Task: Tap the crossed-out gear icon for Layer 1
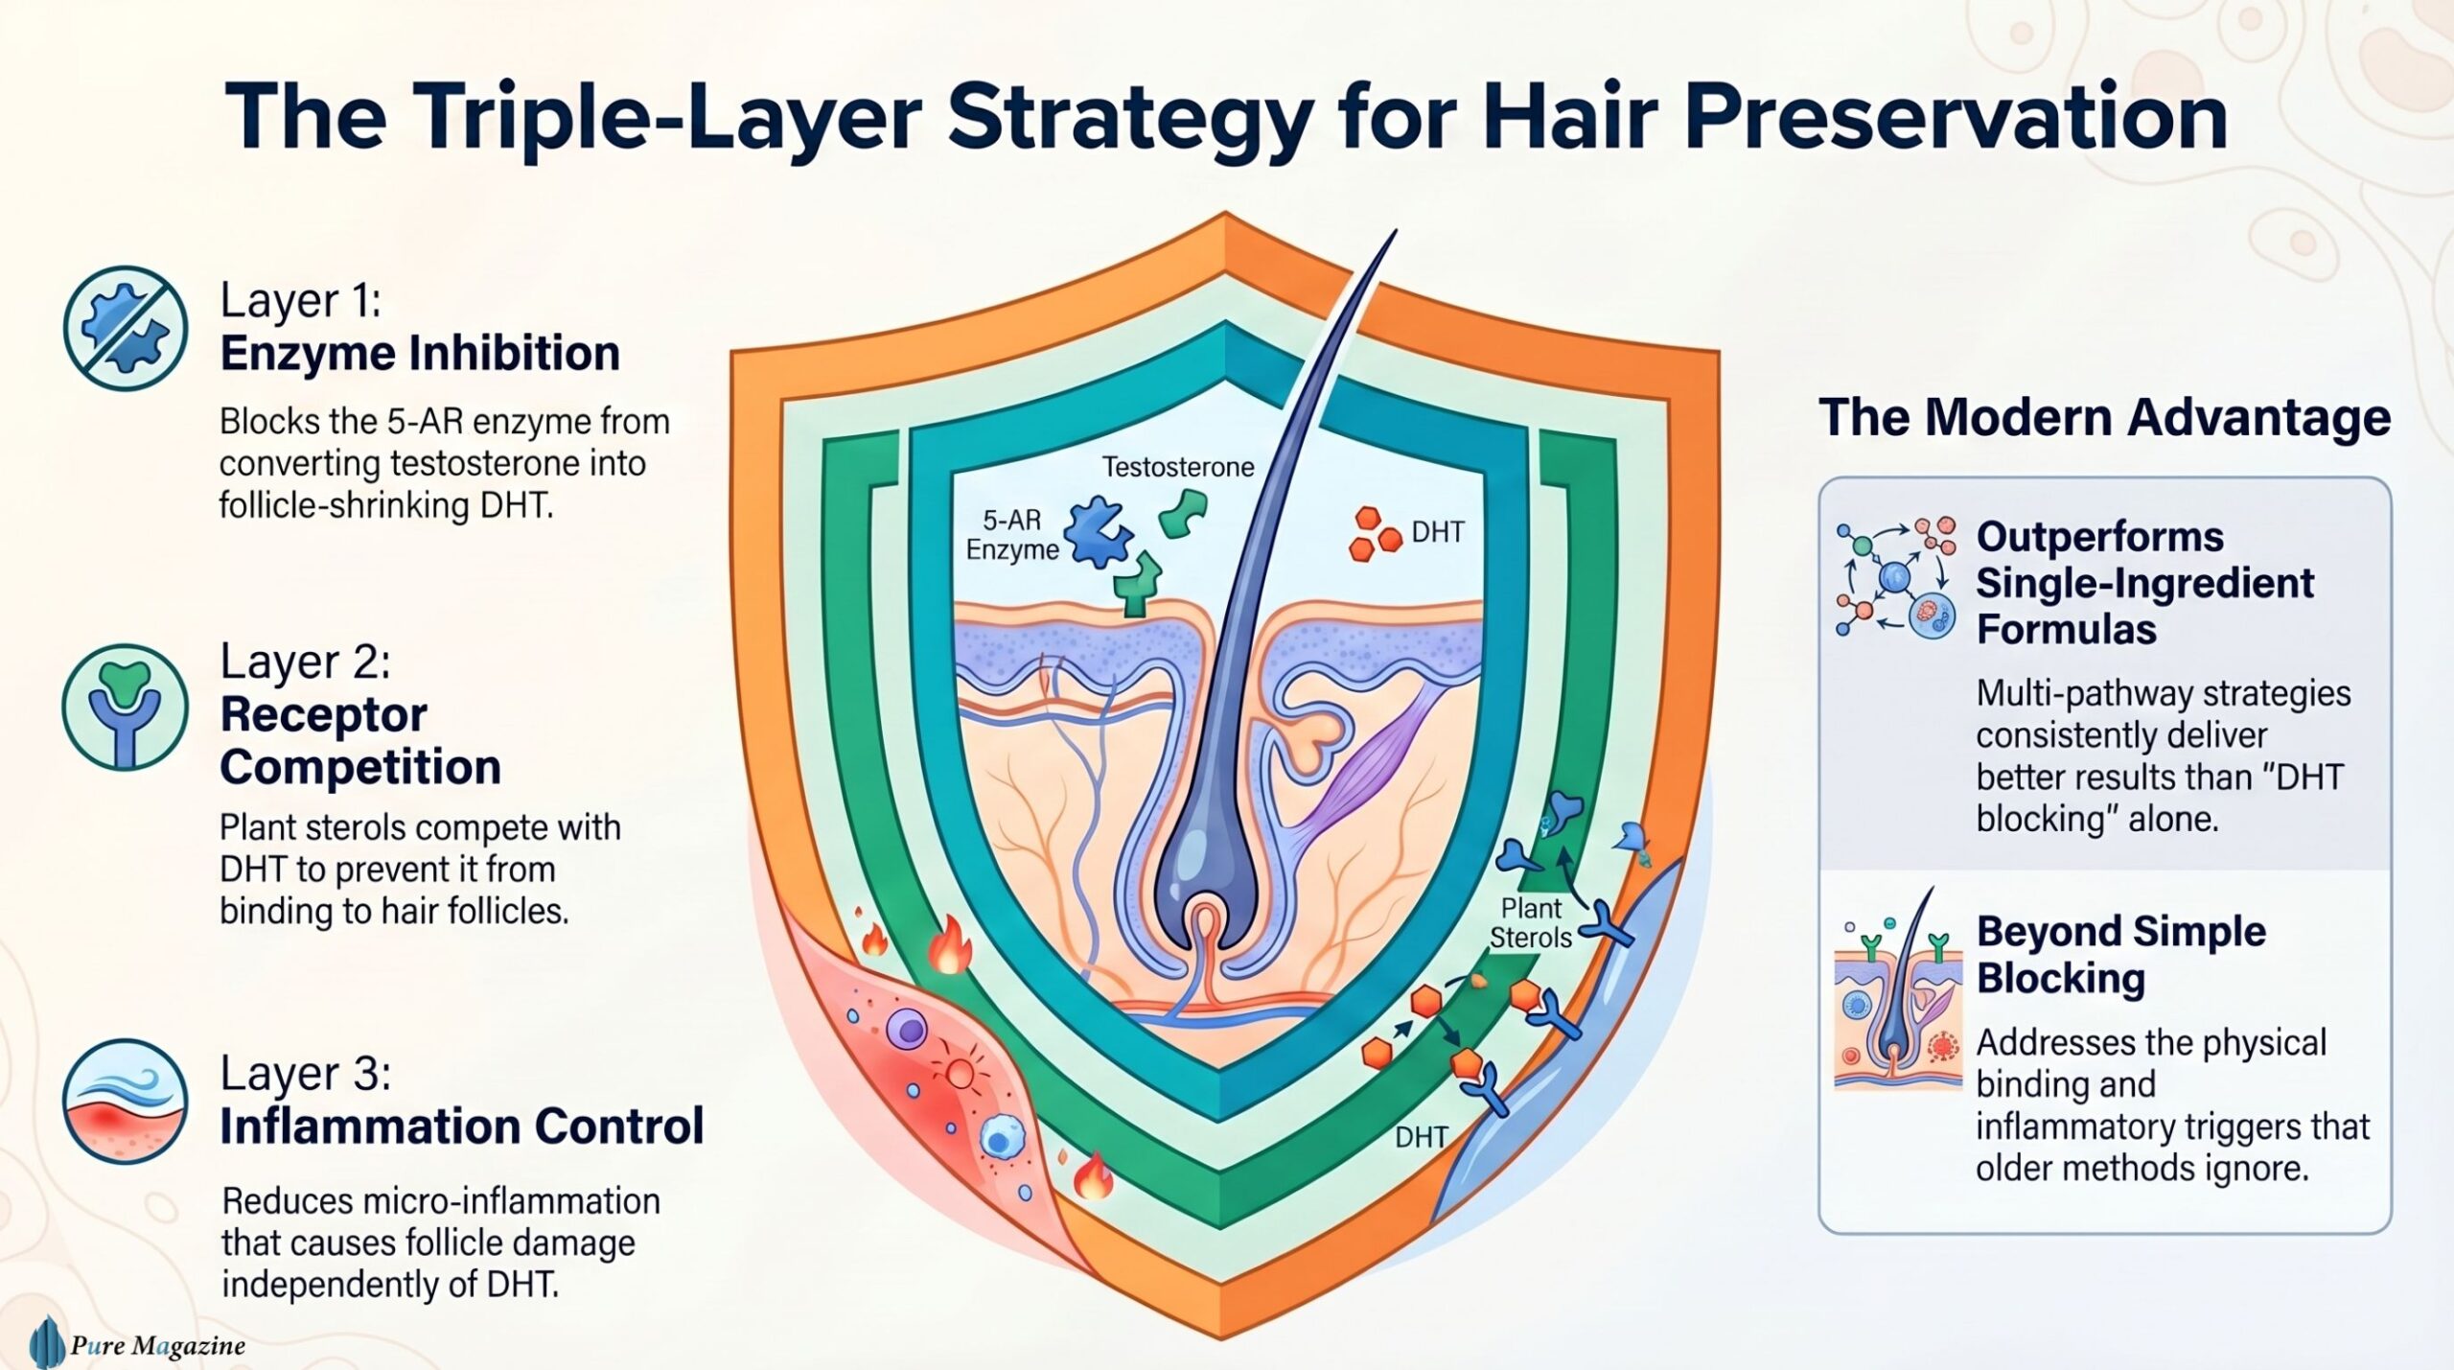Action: pyautogui.click(x=125, y=328)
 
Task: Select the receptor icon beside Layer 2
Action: pyautogui.click(x=125, y=707)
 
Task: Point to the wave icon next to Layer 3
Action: pyautogui.click(x=125, y=1101)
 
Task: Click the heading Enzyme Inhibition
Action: pyautogui.click(x=420, y=353)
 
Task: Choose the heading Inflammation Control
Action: pyautogui.click(x=462, y=1126)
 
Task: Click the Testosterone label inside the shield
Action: pyautogui.click(x=1178, y=467)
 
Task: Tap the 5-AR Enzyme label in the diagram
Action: pyautogui.click(x=1012, y=535)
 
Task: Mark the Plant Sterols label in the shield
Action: pyautogui.click(x=1530, y=922)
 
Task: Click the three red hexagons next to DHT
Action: pyautogui.click(x=1376, y=534)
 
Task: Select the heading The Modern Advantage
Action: pyautogui.click(x=2104, y=417)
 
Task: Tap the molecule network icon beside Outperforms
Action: pyautogui.click(x=1896, y=578)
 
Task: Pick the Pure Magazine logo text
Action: pyautogui.click(x=158, y=1346)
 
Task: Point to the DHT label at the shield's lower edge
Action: pyautogui.click(x=1421, y=1137)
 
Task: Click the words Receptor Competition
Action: pyautogui.click(x=360, y=741)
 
